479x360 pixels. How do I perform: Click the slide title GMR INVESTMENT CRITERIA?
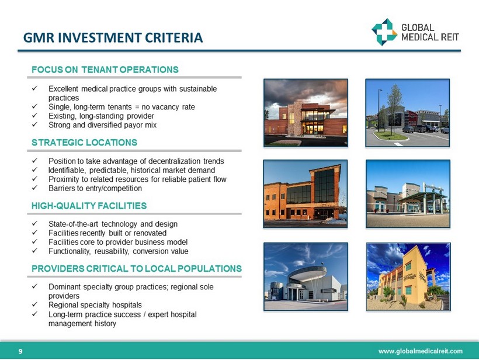pyautogui.click(x=113, y=37)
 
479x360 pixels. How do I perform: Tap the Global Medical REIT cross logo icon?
pyautogui.click(x=384, y=32)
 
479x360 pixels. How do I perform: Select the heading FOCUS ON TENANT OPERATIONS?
pyautogui.click(x=105, y=70)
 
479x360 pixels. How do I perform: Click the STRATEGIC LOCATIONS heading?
pyautogui.click(x=84, y=143)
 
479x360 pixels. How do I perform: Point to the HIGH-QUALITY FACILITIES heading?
pyautogui.click(x=89, y=206)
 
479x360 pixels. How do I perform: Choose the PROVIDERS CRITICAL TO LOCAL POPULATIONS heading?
pyautogui.click(x=137, y=269)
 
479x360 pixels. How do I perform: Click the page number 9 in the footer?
pyautogui.click(x=20, y=351)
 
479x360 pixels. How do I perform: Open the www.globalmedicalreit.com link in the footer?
pyautogui.click(x=421, y=351)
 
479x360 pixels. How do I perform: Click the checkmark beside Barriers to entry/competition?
pyautogui.click(x=34, y=188)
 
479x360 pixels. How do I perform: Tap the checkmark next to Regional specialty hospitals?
pyautogui.click(x=34, y=304)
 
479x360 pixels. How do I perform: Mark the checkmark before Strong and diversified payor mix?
pyautogui.click(x=34, y=124)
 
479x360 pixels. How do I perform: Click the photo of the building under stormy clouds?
pyautogui.click(x=306, y=113)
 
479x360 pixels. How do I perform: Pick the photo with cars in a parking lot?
pyautogui.click(x=408, y=113)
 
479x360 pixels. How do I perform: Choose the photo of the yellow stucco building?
pyautogui.click(x=408, y=276)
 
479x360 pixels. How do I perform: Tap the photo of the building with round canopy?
pyautogui.click(x=306, y=276)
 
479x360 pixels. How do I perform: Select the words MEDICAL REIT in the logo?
pyautogui.click(x=430, y=37)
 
